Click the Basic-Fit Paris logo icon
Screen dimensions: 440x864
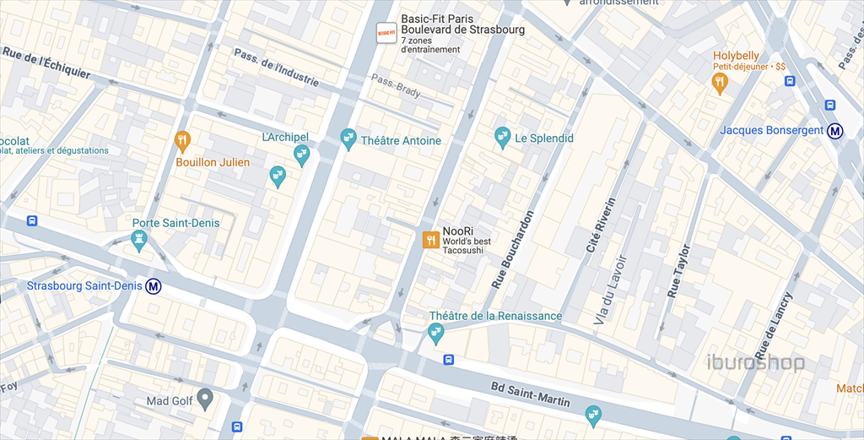[x=386, y=33]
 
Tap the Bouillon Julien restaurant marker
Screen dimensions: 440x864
[x=181, y=140]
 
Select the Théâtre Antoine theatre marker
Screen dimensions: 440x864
[x=348, y=139]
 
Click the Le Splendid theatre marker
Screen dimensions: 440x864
[x=503, y=137]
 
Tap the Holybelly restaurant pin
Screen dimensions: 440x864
[x=719, y=82]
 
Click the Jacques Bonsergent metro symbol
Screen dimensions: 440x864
[x=835, y=131]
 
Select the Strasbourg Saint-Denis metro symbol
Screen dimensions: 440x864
[x=154, y=286]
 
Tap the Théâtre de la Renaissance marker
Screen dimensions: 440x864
[x=436, y=334]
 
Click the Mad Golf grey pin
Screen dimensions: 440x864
[x=204, y=400]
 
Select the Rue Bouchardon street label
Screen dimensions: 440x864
[x=513, y=249]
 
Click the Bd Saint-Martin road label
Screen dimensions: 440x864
[x=532, y=393]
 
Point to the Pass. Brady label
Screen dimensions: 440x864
[x=395, y=86]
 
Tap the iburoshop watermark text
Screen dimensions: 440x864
[x=755, y=364]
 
